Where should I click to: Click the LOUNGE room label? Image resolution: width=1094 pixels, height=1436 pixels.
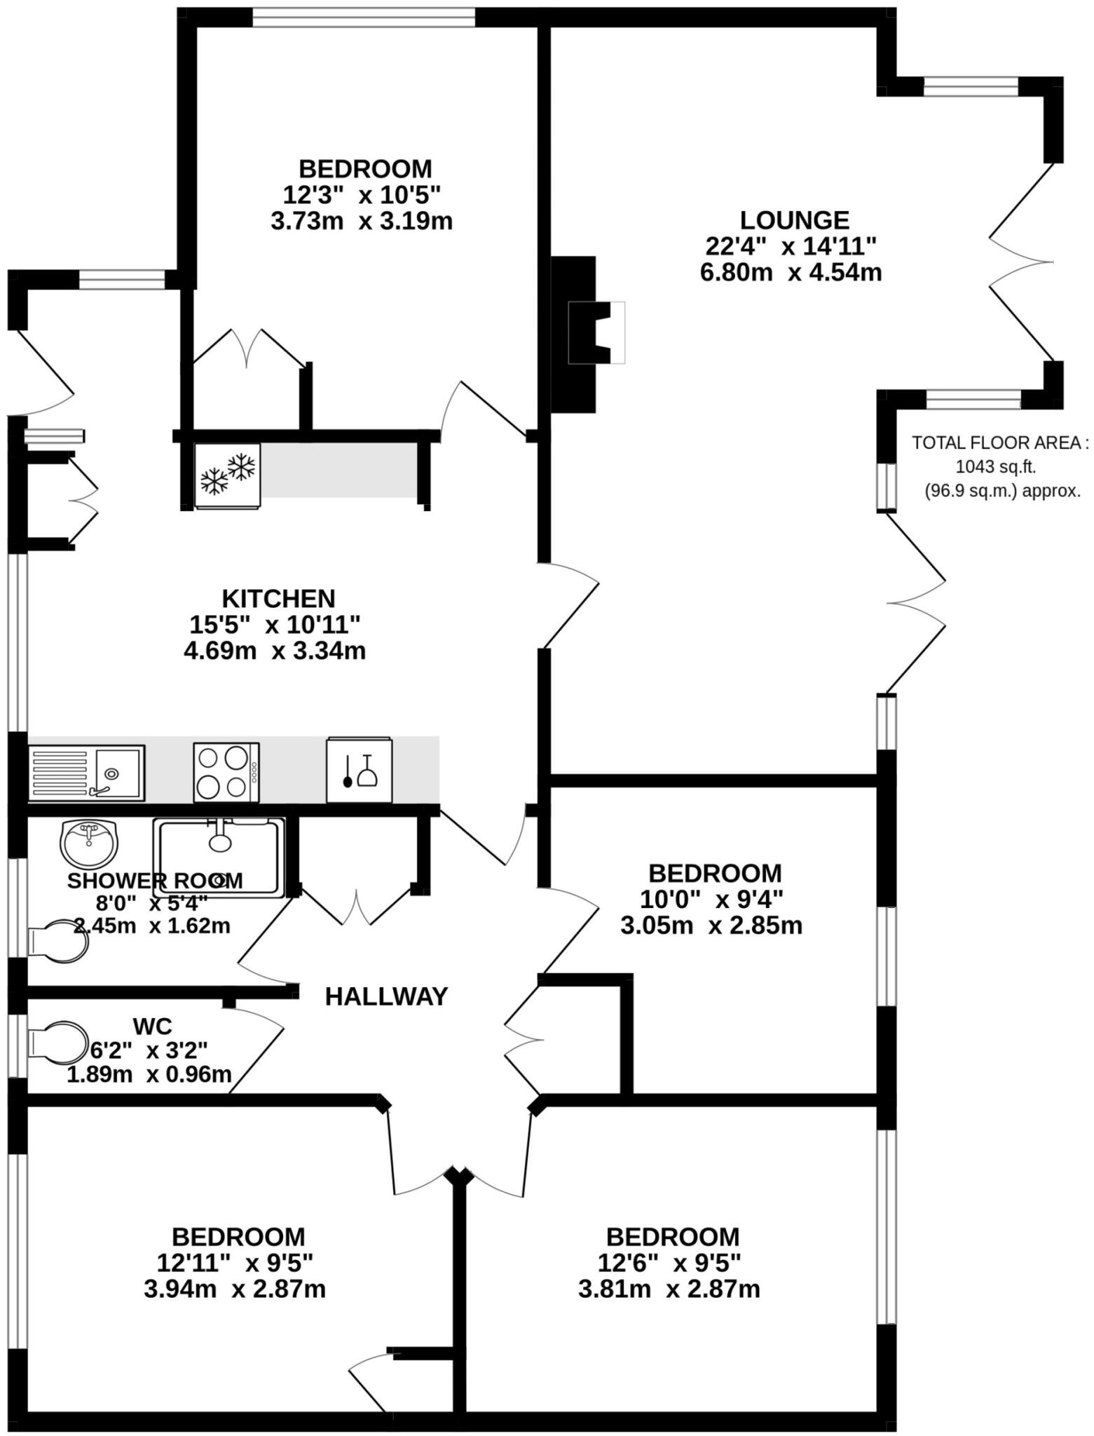794,220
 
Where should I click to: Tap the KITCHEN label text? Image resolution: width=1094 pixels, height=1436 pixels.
278,599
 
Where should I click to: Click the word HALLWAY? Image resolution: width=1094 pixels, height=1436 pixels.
386,996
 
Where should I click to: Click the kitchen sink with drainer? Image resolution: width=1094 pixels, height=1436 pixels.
86,773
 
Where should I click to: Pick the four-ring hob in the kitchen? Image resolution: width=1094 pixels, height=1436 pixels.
226,772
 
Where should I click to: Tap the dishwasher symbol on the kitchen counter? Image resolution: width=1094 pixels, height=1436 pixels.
360,770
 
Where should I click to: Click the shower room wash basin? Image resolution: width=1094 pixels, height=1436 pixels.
89,841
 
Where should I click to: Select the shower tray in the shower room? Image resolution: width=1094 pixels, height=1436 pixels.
219,857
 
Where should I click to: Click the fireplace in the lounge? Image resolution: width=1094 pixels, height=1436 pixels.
587,332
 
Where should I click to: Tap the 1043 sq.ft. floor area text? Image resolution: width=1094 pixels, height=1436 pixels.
995,466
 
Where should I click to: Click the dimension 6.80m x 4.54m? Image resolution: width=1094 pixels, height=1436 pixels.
791,272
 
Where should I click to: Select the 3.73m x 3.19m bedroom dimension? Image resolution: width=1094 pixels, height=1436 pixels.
361,222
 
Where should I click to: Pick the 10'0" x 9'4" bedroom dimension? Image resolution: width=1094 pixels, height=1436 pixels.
711,899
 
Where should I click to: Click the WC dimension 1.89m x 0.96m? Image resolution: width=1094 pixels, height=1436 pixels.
149,1073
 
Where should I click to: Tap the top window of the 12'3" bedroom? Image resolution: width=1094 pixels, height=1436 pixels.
364,17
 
